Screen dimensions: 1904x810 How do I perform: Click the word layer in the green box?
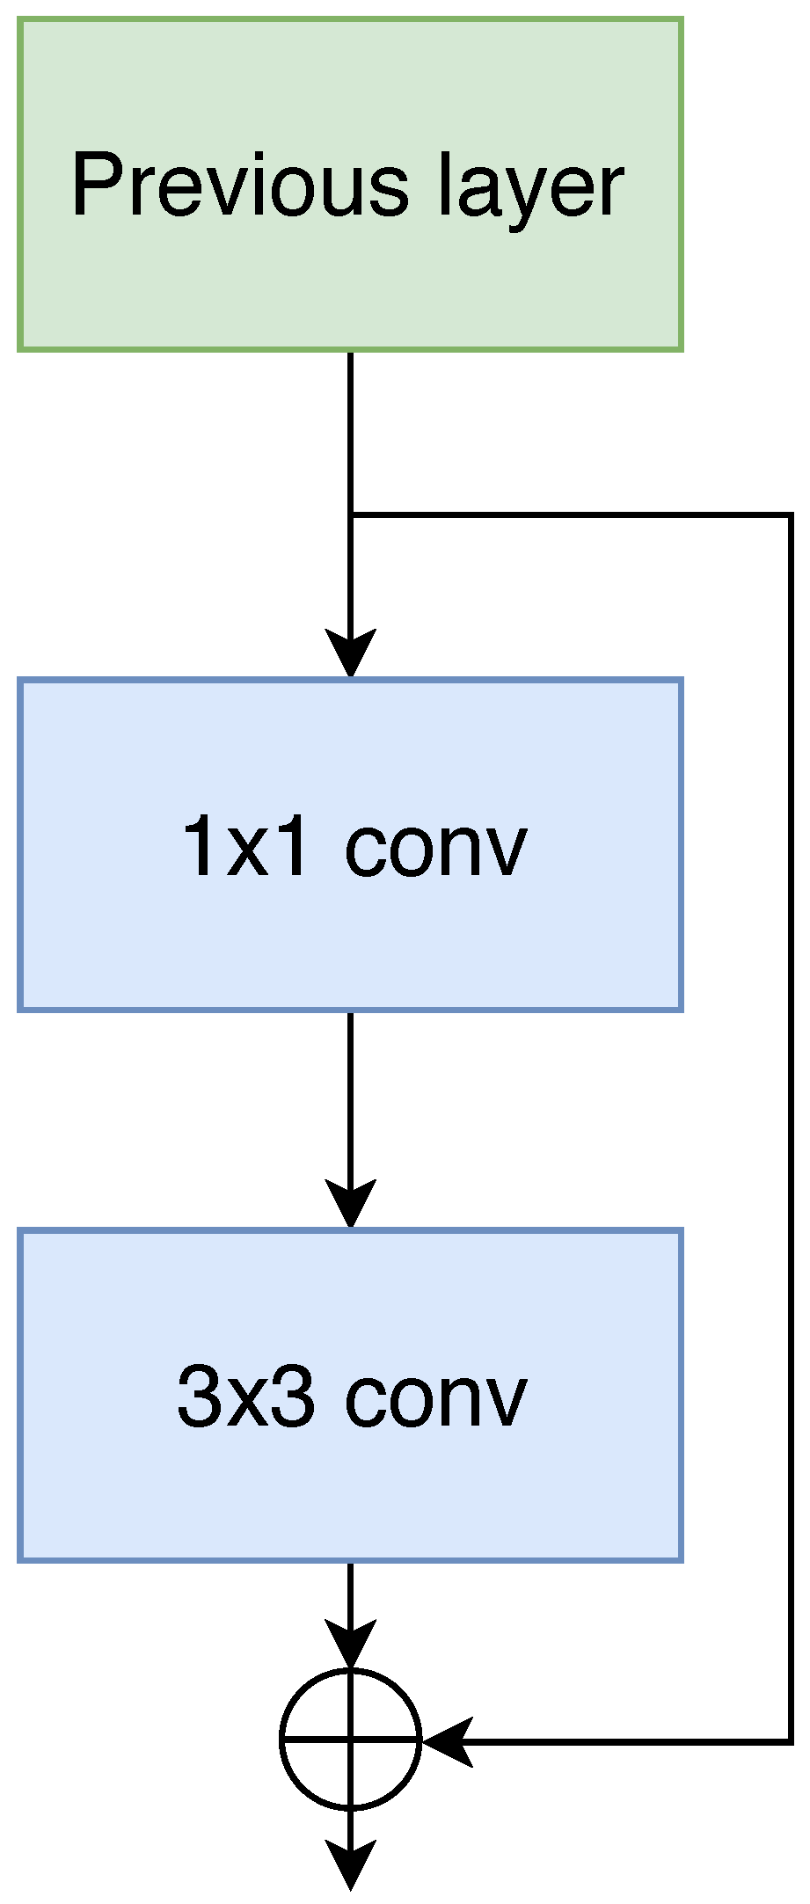pyautogui.click(x=531, y=189)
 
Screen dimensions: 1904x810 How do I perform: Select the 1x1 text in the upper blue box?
pyautogui.click(x=244, y=846)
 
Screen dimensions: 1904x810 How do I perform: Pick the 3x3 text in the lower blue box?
pyautogui.click(x=244, y=1397)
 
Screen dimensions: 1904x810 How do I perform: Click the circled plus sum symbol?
pyautogui.click(x=350, y=1740)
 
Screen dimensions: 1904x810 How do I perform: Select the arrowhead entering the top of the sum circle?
pyautogui.click(x=350, y=1643)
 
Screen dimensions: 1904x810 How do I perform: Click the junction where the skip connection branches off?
pyautogui.click(x=350, y=515)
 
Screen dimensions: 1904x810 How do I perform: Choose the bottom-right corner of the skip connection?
pyautogui.click(x=791, y=1740)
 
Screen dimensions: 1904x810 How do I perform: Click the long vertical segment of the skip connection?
pyautogui.click(x=791, y=1126)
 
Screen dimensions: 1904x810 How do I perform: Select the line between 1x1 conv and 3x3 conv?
pyautogui.click(x=350, y=1099)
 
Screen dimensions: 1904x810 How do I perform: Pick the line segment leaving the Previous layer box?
pyautogui.click(x=350, y=431)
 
